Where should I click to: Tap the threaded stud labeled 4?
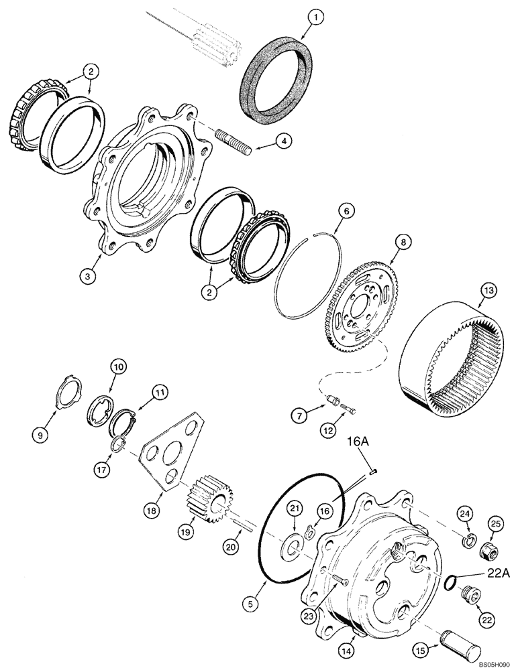coord(231,143)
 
